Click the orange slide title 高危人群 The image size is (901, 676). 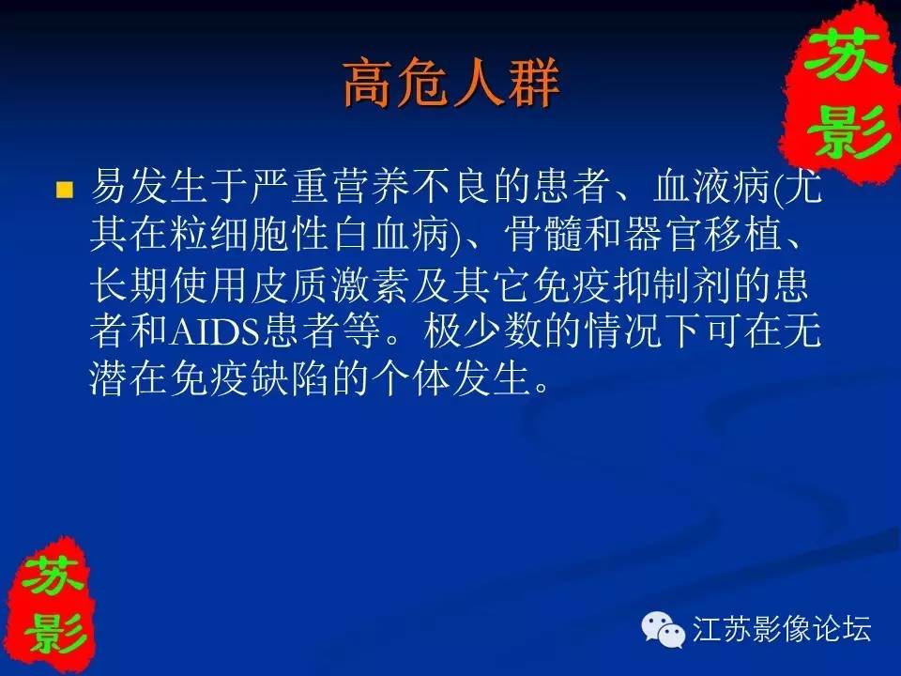[451, 84]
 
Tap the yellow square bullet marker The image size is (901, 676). [65, 189]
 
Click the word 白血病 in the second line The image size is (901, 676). [390, 235]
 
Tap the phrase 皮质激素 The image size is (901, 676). [330, 284]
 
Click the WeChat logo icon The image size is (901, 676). [664, 628]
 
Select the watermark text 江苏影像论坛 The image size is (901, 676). [782, 628]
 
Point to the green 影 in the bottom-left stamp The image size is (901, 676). [54, 631]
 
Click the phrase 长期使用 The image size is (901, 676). [170, 284]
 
